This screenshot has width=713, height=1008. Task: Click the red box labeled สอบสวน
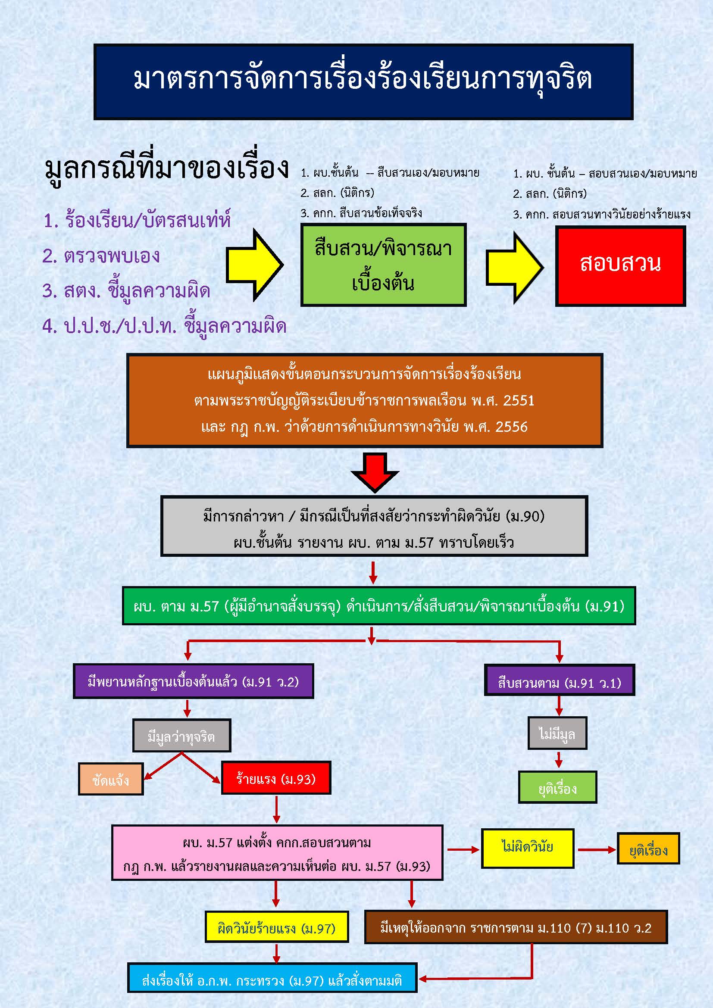620,265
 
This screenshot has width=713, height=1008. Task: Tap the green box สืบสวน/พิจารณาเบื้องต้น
383,265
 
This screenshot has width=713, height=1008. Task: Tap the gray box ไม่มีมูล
557,733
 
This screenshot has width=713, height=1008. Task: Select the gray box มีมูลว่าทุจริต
181,735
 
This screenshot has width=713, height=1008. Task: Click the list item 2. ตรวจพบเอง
101,256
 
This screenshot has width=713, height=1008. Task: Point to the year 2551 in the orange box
519,400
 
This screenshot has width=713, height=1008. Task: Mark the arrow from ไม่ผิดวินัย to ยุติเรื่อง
596,849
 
